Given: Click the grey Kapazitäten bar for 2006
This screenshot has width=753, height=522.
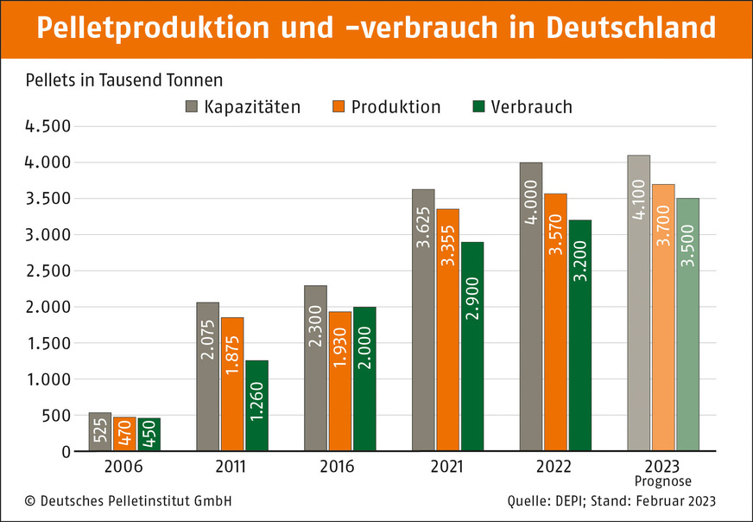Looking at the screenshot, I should point(100,432).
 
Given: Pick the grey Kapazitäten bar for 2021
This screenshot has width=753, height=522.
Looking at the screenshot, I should point(423,320).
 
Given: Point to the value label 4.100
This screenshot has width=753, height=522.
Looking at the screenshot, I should point(639,199).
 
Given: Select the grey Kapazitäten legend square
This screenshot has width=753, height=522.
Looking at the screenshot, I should point(192,107).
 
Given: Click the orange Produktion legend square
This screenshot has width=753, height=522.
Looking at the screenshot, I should point(338,107).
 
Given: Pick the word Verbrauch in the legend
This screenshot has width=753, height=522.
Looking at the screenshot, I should point(531,107).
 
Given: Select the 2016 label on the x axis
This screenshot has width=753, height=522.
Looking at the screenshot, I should point(339,467).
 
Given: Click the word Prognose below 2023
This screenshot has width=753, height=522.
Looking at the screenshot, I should point(663,481).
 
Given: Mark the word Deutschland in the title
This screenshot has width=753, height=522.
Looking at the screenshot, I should point(630,28).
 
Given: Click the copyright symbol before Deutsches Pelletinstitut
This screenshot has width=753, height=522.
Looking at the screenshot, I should point(30,501).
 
